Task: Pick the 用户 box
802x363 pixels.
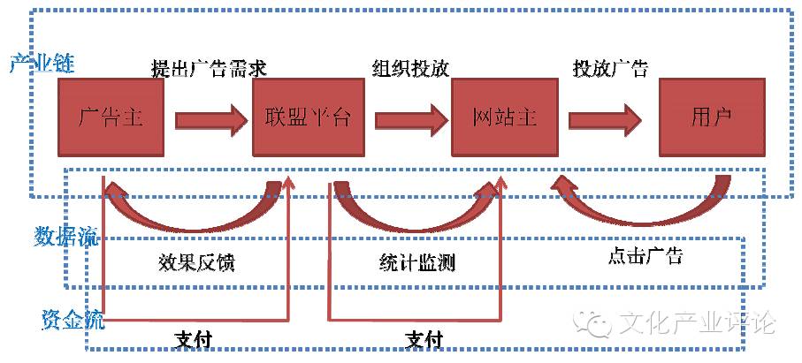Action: [x=712, y=117]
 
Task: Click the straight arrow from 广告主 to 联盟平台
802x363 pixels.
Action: [x=209, y=120]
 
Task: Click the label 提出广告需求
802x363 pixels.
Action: [x=210, y=69]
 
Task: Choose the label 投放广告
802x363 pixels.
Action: [x=610, y=69]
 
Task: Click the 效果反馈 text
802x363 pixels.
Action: [x=196, y=262]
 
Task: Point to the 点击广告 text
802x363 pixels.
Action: [x=645, y=255]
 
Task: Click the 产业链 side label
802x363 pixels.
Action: [x=42, y=64]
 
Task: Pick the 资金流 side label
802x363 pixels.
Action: [x=73, y=320]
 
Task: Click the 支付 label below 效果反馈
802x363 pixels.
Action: [x=192, y=339]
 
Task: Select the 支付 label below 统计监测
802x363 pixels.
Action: [x=424, y=339]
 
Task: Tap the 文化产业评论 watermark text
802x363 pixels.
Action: [x=697, y=322]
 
